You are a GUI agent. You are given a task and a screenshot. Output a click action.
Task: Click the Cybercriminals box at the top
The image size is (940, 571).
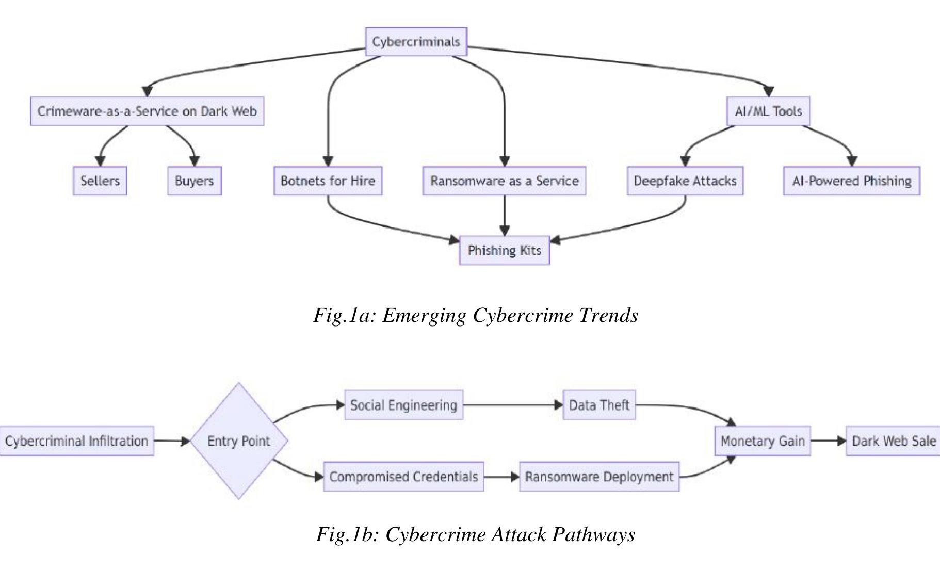pos(416,42)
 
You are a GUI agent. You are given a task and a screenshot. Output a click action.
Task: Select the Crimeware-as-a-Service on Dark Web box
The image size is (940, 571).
pos(147,111)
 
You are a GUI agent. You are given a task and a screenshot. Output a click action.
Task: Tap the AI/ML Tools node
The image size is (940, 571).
pos(768,111)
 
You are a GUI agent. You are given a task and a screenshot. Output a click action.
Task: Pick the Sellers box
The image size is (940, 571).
pos(100,181)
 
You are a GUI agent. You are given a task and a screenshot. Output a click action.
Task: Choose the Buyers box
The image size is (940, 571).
pos(194,181)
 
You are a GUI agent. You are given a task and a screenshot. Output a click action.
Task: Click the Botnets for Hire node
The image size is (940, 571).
pos(328,181)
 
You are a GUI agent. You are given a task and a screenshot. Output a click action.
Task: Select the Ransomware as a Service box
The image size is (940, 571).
pos(504,181)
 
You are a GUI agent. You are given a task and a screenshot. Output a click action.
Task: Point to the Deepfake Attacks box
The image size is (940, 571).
pos(685,181)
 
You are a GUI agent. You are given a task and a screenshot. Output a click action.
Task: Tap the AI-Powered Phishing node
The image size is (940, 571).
pos(851,181)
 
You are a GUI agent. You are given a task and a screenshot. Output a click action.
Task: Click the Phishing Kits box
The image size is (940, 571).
pos(504,250)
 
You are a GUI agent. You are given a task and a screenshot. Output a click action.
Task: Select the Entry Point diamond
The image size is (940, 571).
pos(238,441)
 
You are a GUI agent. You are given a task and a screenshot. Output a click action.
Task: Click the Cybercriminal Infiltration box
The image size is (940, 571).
pos(76,441)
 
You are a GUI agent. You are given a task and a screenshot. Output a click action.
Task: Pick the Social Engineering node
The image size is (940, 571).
pos(403,405)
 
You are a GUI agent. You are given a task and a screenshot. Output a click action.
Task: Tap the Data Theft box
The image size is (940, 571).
pos(598,405)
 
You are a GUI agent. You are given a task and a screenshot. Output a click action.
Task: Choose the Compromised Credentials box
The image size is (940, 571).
pos(403,477)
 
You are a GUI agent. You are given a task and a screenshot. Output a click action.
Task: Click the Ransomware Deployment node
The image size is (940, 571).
pos(598,477)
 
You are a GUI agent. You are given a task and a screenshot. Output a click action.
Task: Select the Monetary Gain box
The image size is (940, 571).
pos(762,441)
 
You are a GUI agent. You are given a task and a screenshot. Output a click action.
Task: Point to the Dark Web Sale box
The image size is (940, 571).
pos(893,441)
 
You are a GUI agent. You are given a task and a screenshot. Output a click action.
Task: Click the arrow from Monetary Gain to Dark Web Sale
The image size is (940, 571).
pos(828,441)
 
